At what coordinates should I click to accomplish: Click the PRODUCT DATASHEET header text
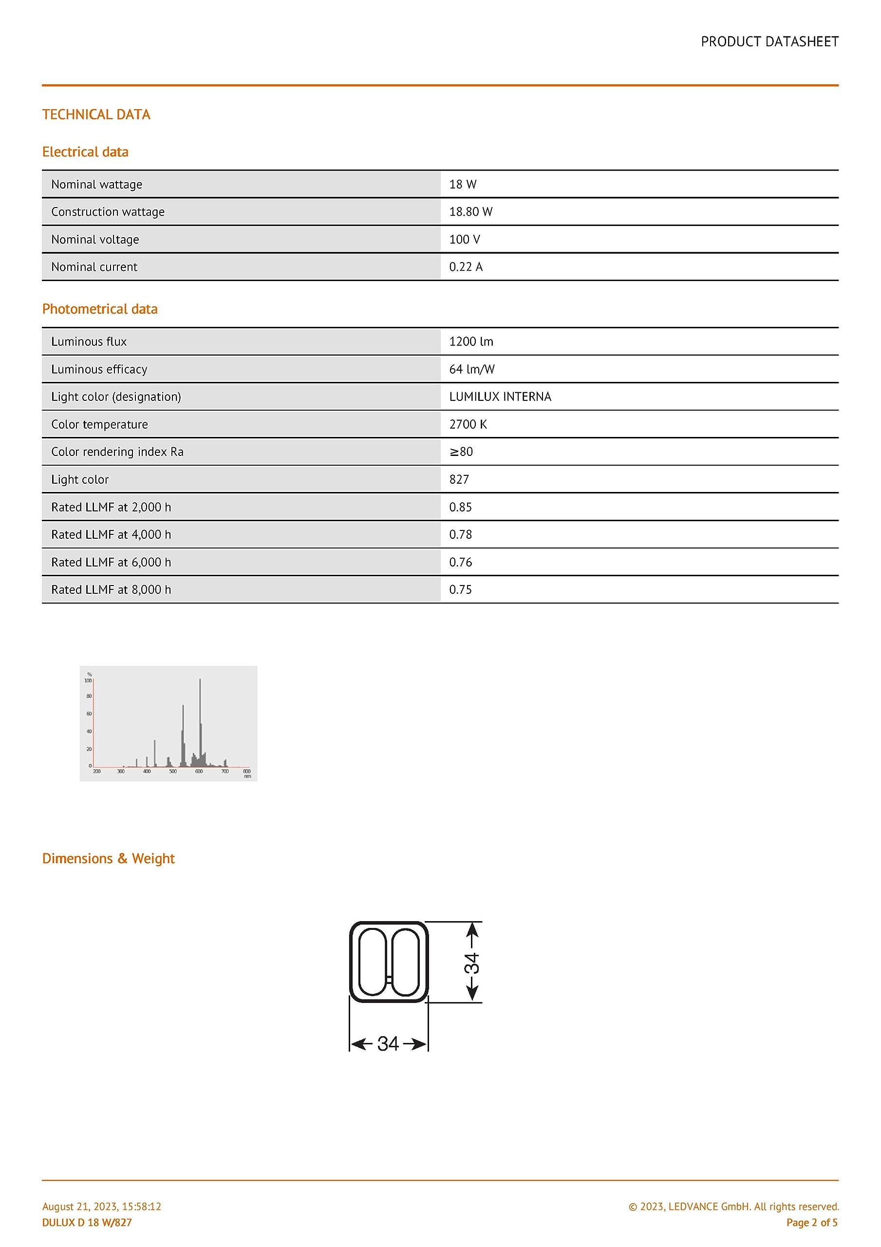[x=769, y=42]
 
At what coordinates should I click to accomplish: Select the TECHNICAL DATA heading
[x=96, y=114]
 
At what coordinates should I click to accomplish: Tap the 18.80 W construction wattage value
[x=470, y=212]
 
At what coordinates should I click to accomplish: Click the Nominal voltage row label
[x=95, y=240]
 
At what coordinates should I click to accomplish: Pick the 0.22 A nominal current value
[x=466, y=266]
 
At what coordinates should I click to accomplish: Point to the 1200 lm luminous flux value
[x=471, y=341]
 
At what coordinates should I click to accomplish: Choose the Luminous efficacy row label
[x=99, y=369]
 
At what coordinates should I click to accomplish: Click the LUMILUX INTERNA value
[x=500, y=397]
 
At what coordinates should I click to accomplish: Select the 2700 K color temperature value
[x=468, y=424]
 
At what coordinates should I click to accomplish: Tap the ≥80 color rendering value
[x=461, y=452]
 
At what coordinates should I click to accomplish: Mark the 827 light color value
[x=459, y=480]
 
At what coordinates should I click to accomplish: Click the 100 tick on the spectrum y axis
[x=88, y=680]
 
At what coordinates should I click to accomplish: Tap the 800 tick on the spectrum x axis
[x=246, y=771]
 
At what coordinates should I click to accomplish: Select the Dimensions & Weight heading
[x=108, y=859]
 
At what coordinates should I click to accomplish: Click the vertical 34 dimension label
[x=471, y=964]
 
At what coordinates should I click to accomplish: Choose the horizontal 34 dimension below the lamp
[x=388, y=1044]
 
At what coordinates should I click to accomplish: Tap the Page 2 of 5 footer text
[x=811, y=1223]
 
